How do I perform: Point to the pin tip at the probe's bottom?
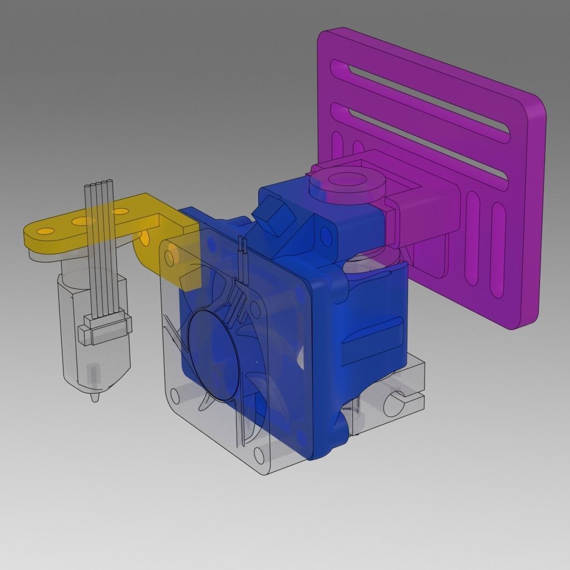click(x=95, y=399)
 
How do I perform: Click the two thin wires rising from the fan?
click(x=243, y=250)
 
